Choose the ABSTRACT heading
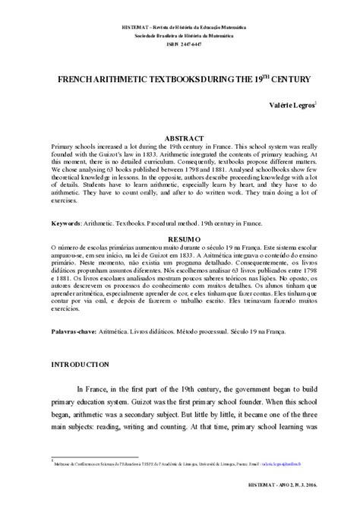point(180,130)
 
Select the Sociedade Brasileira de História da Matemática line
point(180,35)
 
